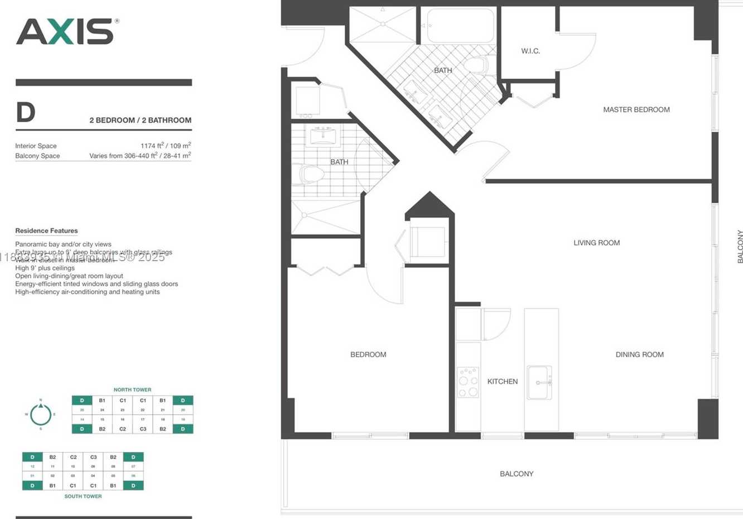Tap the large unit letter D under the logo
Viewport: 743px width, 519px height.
point(26,113)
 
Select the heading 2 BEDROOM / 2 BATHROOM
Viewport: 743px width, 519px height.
point(140,120)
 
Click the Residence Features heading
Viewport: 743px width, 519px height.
point(46,230)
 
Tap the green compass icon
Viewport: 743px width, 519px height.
point(41,414)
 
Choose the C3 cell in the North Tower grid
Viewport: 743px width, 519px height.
point(143,429)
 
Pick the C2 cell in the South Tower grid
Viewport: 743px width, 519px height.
point(73,457)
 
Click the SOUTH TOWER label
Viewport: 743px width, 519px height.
point(83,496)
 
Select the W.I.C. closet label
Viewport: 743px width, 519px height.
point(530,51)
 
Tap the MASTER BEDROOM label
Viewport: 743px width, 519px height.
point(636,109)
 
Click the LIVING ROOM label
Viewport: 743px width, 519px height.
point(596,243)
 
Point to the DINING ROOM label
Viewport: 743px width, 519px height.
point(639,354)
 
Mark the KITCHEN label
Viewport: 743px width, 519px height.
point(502,381)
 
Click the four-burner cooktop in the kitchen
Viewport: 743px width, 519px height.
point(468,382)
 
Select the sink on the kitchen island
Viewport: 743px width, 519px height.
point(539,383)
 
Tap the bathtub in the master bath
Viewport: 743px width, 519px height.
point(460,26)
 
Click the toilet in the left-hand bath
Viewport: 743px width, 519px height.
point(311,174)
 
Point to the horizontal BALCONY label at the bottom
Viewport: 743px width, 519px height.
point(516,474)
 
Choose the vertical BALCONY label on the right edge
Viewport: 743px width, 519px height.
point(740,246)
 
